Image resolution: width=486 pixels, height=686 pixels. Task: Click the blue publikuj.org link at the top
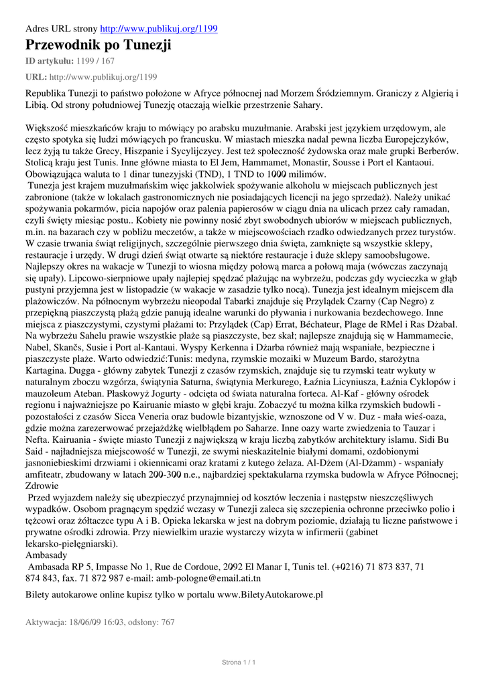pyautogui.click(x=158, y=29)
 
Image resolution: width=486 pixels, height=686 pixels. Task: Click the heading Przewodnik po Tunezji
pyautogui.click(x=99, y=46)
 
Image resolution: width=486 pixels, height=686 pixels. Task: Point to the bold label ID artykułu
pyautogui.click(x=49, y=61)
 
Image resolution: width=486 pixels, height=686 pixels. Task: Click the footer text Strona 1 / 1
pyautogui.click(x=239, y=663)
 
